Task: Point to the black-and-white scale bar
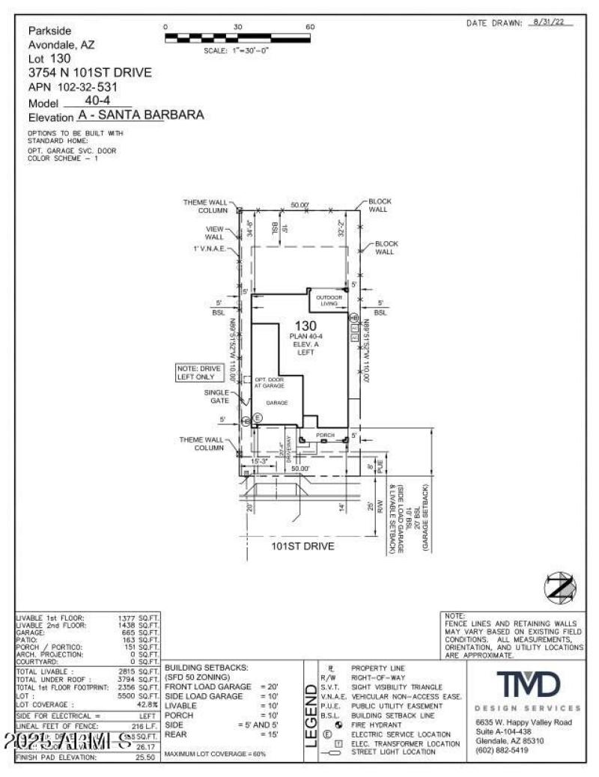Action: pos(237,37)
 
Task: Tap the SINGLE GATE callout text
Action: pos(216,396)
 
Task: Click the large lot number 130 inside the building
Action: pos(305,326)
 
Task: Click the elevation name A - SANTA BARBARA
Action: pos(140,116)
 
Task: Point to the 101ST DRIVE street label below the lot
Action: pos(302,546)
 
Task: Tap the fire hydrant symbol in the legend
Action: pos(328,725)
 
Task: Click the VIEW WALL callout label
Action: pos(214,233)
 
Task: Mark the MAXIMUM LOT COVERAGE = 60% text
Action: pos(215,753)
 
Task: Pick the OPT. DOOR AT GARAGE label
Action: pos(269,383)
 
